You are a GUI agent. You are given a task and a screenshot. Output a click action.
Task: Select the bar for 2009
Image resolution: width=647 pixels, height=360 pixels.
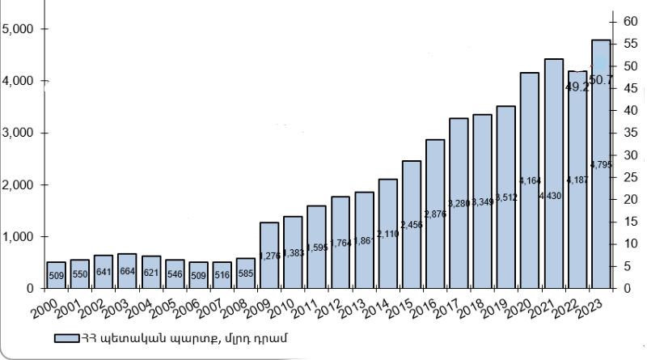click(x=269, y=255)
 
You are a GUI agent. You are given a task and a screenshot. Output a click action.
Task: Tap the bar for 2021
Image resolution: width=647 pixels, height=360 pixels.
click(x=554, y=173)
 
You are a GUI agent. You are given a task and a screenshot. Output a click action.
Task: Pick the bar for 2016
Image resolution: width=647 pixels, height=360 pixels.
click(x=435, y=214)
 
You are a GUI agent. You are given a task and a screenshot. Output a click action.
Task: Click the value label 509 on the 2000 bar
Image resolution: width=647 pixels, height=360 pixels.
click(x=56, y=275)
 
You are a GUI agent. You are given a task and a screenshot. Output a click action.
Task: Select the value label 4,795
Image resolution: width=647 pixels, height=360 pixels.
click(x=601, y=165)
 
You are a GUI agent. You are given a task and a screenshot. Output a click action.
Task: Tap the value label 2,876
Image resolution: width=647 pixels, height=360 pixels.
click(x=435, y=214)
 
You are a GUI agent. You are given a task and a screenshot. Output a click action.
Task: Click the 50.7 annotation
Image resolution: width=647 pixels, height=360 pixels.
click(x=601, y=79)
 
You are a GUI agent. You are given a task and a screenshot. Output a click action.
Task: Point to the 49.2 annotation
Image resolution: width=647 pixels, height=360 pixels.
click(x=577, y=87)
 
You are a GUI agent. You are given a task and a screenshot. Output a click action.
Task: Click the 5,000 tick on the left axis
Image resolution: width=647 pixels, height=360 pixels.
click(x=17, y=29)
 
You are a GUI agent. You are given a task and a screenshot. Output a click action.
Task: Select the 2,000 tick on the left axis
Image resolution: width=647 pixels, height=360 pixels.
click(x=17, y=185)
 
